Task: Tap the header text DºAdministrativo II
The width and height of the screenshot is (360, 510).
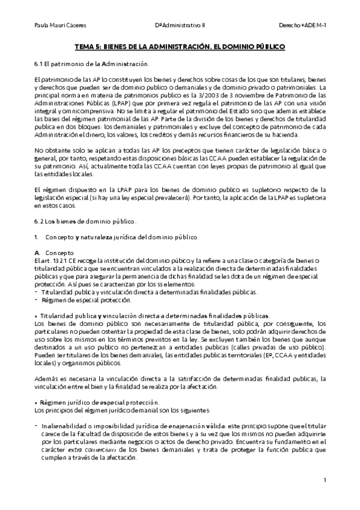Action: (x=180, y=25)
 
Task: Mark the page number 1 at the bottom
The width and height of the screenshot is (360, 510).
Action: (x=324, y=481)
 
